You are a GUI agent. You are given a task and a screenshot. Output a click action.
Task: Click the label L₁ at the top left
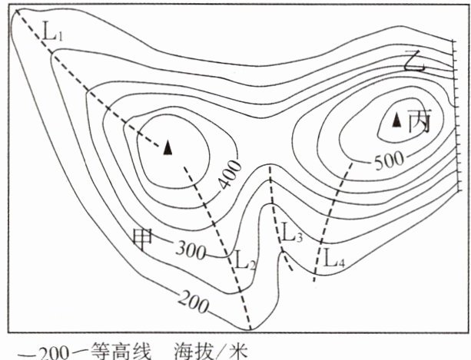54,33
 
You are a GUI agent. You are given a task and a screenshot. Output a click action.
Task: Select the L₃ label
292,233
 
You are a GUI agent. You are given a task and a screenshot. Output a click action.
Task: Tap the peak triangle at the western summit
168,148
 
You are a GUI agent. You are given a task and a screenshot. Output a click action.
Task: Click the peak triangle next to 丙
397,120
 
